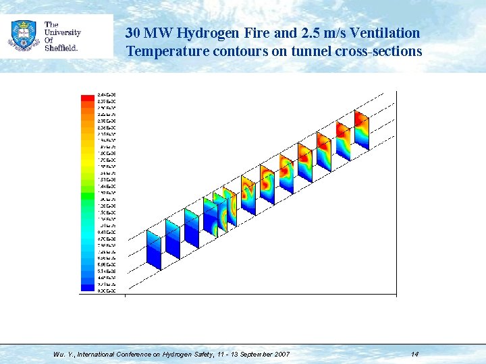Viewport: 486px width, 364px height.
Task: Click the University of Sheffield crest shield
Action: click(24, 34)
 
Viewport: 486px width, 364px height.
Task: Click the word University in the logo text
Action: click(62, 32)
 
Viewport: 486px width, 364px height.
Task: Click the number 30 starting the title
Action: click(133, 33)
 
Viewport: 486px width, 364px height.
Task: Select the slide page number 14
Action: click(414, 354)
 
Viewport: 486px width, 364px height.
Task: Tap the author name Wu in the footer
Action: click(59, 354)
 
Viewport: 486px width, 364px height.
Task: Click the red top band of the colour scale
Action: click(87, 97)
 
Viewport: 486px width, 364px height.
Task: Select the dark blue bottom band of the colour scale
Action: click(87, 288)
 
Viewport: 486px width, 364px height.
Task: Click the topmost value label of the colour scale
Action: click(106, 94)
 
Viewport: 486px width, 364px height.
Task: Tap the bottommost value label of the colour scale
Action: click(106, 291)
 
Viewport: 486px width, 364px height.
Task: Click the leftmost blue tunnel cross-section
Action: click(155, 249)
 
